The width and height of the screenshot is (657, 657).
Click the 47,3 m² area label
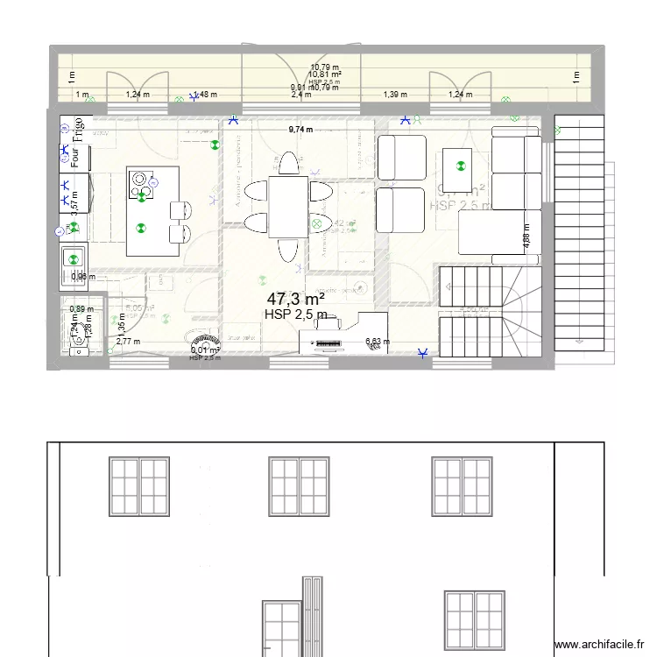tap(296, 299)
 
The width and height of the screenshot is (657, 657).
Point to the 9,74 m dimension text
tap(301, 130)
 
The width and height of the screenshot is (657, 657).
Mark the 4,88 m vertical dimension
tap(526, 240)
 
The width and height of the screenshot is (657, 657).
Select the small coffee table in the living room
tap(457, 162)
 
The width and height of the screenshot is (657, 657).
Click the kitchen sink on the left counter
tap(73, 259)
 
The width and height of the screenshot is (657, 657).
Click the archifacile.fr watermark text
tap(603, 644)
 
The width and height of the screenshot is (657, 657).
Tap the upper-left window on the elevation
tap(139, 485)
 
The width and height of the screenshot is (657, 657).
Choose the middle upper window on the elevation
tap(300, 485)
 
